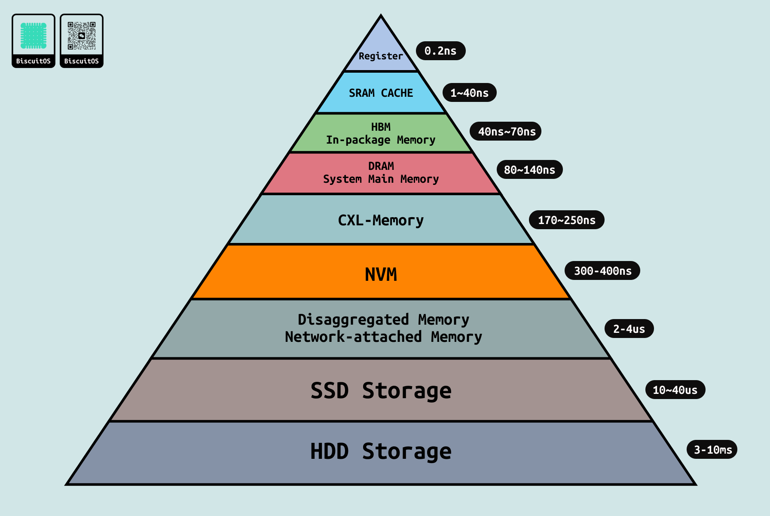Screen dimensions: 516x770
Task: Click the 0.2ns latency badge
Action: [440, 51]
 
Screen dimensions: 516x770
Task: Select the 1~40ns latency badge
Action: [469, 93]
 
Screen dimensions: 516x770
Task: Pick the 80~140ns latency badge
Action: [529, 170]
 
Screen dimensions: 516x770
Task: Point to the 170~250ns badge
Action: [566, 220]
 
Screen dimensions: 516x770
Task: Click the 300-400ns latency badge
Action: [602, 271]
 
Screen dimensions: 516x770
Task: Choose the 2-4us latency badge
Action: [629, 329]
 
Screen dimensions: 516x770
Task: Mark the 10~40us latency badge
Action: [675, 390]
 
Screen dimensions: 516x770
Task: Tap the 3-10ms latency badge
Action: [712, 450]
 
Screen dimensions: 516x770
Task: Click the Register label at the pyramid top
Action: [381, 56]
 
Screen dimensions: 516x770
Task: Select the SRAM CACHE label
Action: [381, 93]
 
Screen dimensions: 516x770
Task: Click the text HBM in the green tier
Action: [381, 127]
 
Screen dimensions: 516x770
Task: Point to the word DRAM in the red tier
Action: [381, 166]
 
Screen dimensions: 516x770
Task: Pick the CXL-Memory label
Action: [381, 220]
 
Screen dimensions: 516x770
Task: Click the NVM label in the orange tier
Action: [381, 274]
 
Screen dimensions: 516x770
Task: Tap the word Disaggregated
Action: [353, 319]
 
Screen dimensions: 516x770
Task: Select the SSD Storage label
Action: [381, 390]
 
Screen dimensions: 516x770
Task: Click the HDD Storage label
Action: [381, 451]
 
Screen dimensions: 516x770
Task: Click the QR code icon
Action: [82, 36]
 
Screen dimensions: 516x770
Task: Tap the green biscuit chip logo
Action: [34, 36]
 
